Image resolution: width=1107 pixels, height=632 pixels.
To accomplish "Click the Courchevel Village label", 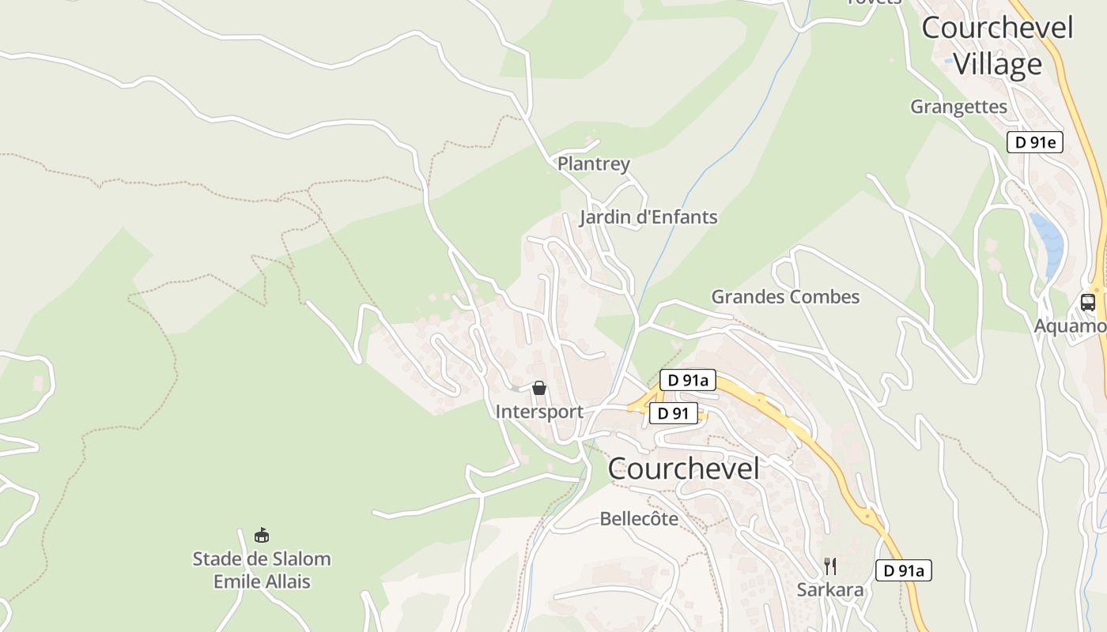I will [x=997, y=46].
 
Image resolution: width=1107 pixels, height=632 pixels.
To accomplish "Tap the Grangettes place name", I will [x=958, y=107].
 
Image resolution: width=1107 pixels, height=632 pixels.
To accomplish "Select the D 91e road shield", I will [x=1034, y=142].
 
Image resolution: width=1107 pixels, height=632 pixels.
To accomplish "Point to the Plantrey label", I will [x=594, y=164].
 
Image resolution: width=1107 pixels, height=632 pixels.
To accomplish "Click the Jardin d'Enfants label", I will [x=648, y=217].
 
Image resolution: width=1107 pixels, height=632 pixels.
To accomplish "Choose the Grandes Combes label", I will [x=785, y=297].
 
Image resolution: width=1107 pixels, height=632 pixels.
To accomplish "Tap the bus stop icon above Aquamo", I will [x=1088, y=302].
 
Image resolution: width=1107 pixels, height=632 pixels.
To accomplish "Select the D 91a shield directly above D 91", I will [x=687, y=380].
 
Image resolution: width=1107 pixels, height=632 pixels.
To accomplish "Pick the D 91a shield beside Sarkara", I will [x=903, y=570].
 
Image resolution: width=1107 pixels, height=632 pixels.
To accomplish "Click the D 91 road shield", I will [x=674, y=413].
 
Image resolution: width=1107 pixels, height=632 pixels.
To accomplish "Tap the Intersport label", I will [x=538, y=412].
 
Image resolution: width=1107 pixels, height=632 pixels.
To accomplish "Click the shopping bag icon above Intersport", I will [x=539, y=388].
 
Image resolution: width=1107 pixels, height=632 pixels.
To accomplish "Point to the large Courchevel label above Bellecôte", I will [x=683, y=468].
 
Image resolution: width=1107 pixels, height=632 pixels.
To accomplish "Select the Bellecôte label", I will [x=639, y=519].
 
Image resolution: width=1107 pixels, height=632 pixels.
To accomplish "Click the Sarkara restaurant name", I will [x=829, y=590].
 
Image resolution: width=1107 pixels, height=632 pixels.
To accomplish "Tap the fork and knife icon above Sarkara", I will [x=829, y=566].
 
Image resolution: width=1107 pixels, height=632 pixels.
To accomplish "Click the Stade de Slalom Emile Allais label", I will [x=262, y=570].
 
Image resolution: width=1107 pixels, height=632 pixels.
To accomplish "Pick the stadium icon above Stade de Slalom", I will [x=262, y=536].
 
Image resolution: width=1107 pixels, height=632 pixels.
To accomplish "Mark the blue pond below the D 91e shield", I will [x=1048, y=241].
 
